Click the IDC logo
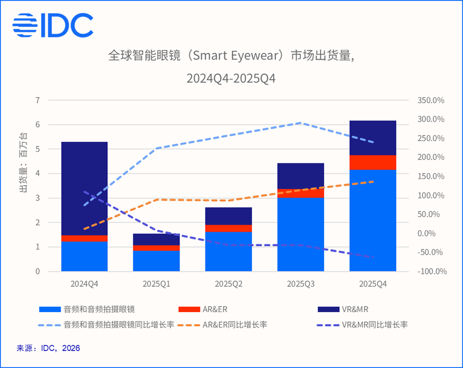(53, 25)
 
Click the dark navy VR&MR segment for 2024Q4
(84, 188)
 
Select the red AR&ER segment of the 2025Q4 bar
(372, 163)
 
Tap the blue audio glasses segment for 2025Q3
(300, 234)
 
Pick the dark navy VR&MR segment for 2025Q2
(228, 216)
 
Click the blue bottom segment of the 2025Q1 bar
(156, 261)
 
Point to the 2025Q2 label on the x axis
(228, 284)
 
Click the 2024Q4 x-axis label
(84, 284)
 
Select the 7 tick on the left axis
(37, 100)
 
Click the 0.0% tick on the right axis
(433, 233)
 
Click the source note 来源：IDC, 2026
(48, 348)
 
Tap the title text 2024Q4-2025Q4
(232, 78)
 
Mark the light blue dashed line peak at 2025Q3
(301, 123)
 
